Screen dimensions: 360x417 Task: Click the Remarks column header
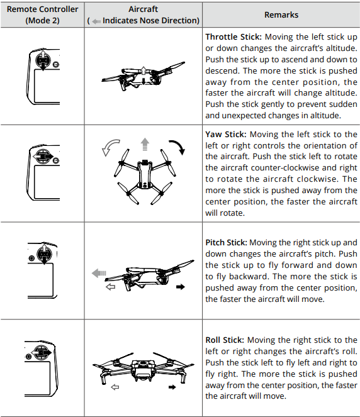[281, 14]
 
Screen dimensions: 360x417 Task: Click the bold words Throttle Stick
[233, 36]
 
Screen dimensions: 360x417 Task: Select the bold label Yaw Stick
[226, 135]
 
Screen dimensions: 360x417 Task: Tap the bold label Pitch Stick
[226, 243]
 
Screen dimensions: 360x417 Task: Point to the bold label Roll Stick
[225, 340]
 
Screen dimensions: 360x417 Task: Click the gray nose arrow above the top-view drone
[145, 144]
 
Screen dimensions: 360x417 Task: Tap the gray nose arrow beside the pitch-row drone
[99, 273]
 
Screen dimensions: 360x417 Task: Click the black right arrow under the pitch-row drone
[181, 287]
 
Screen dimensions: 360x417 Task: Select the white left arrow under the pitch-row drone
[110, 287]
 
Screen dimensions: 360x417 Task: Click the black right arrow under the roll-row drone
[172, 387]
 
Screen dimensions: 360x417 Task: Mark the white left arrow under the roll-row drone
[115, 387]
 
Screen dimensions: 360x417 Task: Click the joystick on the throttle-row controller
[43, 60]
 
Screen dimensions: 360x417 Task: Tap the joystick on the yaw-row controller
[43, 157]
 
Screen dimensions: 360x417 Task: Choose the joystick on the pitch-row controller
[44, 254]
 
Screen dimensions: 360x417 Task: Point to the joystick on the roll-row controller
[42, 353]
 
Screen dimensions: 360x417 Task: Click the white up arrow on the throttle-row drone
[143, 70]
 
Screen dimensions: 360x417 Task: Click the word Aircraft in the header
[143, 9]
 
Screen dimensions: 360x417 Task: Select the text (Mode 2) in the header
[43, 21]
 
